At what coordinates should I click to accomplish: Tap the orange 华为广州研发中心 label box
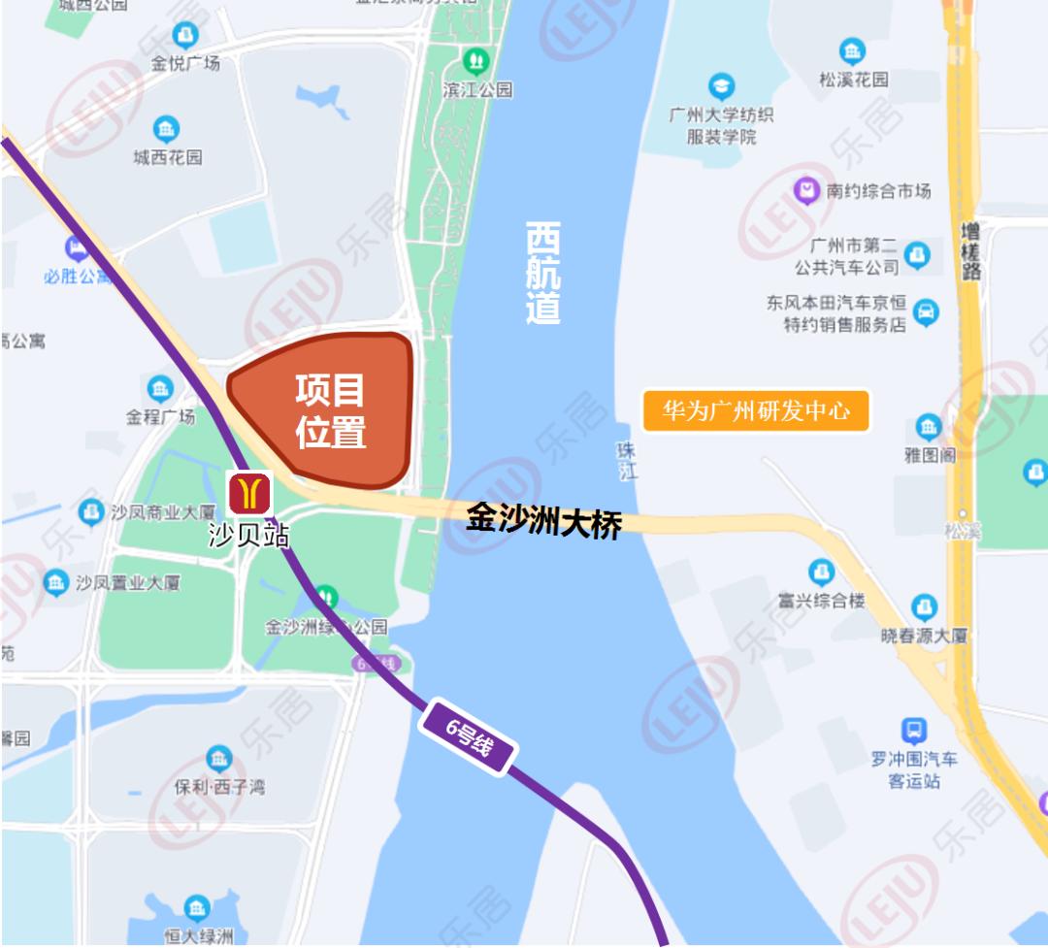(x=756, y=411)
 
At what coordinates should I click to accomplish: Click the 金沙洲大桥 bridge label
(x=543, y=521)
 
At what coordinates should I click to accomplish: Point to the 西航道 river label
(x=543, y=273)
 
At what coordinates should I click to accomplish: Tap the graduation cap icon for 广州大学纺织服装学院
(x=721, y=86)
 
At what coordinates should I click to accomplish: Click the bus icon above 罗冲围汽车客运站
(x=913, y=730)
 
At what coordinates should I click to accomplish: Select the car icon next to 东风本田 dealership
(x=927, y=312)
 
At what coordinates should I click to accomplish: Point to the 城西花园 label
(x=168, y=156)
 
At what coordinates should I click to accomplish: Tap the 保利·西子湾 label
(x=219, y=786)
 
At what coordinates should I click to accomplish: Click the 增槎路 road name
(x=971, y=249)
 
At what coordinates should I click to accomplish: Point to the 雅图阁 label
(x=930, y=454)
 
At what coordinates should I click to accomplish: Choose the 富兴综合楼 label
(x=821, y=601)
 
